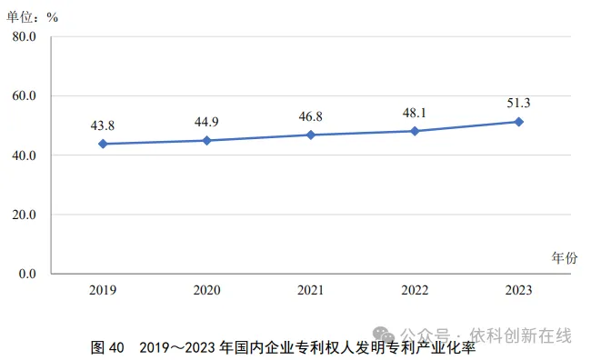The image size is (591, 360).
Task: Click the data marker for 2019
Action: point(103,144)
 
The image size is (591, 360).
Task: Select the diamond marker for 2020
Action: point(207,141)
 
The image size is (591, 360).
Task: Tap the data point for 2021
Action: point(311,135)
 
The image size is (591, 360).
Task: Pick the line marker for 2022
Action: point(415,131)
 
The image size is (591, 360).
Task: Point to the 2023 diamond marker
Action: point(518,122)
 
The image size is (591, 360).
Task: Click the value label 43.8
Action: point(103,125)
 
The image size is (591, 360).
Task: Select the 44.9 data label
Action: point(206,122)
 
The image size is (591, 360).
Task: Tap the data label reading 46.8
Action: point(311,116)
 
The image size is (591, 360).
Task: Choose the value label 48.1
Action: point(415,113)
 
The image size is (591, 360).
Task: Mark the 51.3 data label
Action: point(518,103)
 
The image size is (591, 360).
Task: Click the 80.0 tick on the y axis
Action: point(25,36)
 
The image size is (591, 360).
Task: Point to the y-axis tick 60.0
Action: point(25,95)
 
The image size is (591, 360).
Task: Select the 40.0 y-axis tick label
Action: point(25,155)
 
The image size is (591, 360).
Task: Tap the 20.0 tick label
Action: point(25,215)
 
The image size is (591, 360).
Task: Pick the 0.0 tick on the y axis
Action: point(27,274)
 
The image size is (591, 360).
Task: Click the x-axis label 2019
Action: point(103,290)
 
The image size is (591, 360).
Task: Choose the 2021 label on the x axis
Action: point(311,290)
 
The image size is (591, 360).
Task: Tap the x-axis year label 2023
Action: point(518,290)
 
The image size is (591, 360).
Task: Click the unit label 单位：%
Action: point(33,17)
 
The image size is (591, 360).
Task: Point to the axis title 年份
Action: point(565,258)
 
